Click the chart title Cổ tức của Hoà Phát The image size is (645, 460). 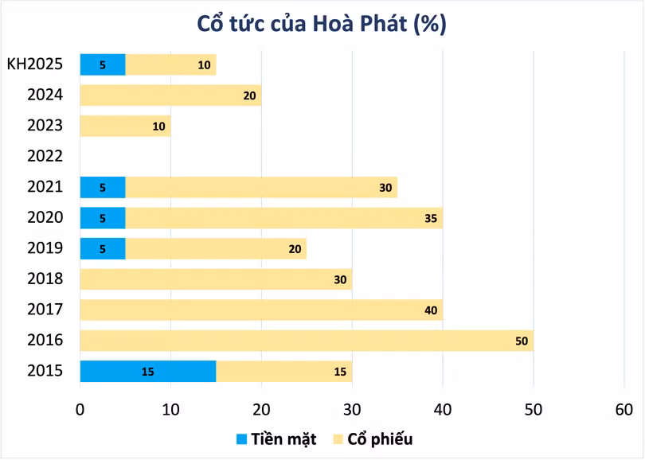coord(322,24)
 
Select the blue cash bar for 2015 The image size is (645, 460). coord(147,372)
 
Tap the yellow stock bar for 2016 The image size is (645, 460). coord(307,341)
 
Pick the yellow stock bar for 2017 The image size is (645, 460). coord(261,310)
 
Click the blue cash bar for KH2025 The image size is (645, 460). coord(102,65)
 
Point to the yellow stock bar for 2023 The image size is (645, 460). coord(125,126)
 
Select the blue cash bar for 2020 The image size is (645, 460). coord(102,218)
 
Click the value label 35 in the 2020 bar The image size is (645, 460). coord(431,218)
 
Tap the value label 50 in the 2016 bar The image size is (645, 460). coord(522,341)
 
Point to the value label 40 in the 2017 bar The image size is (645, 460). coord(431,310)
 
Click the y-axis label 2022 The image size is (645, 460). coord(45,156)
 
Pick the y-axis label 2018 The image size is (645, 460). coord(45,279)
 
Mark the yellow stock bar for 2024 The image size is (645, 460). coord(170,96)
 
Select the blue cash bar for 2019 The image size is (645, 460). coord(102,248)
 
